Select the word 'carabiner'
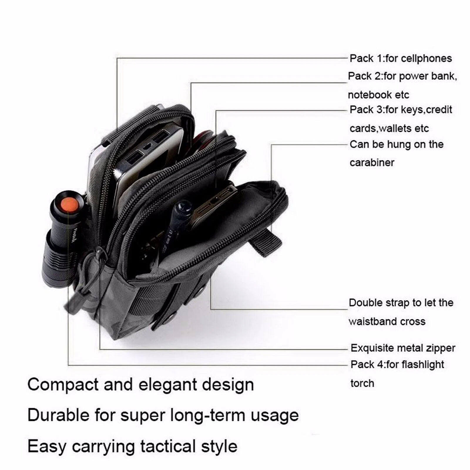372,162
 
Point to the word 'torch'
362,383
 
